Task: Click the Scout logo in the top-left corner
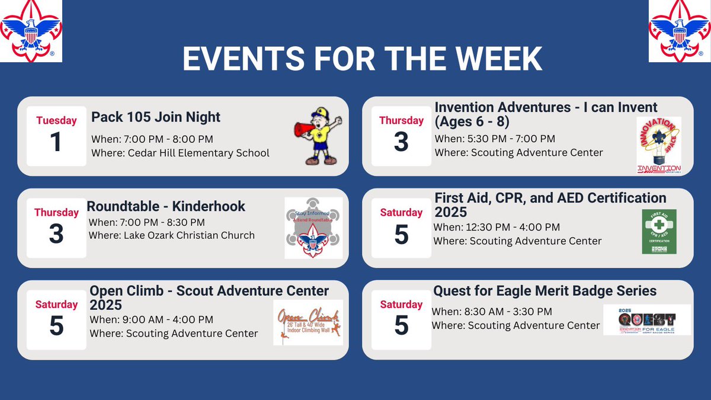tap(31, 31)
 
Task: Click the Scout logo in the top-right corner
tap(679, 31)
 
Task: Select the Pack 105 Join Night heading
tap(156, 117)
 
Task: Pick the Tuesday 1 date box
tap(56, 136)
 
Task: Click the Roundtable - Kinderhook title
tap(166, 206)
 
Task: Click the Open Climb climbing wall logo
tap(308, 323)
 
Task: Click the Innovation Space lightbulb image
tap(658, 145)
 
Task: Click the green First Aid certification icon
tap(659, 232)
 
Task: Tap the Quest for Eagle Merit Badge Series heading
tap(545, 290)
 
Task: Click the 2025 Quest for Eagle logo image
tap(647, 320)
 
